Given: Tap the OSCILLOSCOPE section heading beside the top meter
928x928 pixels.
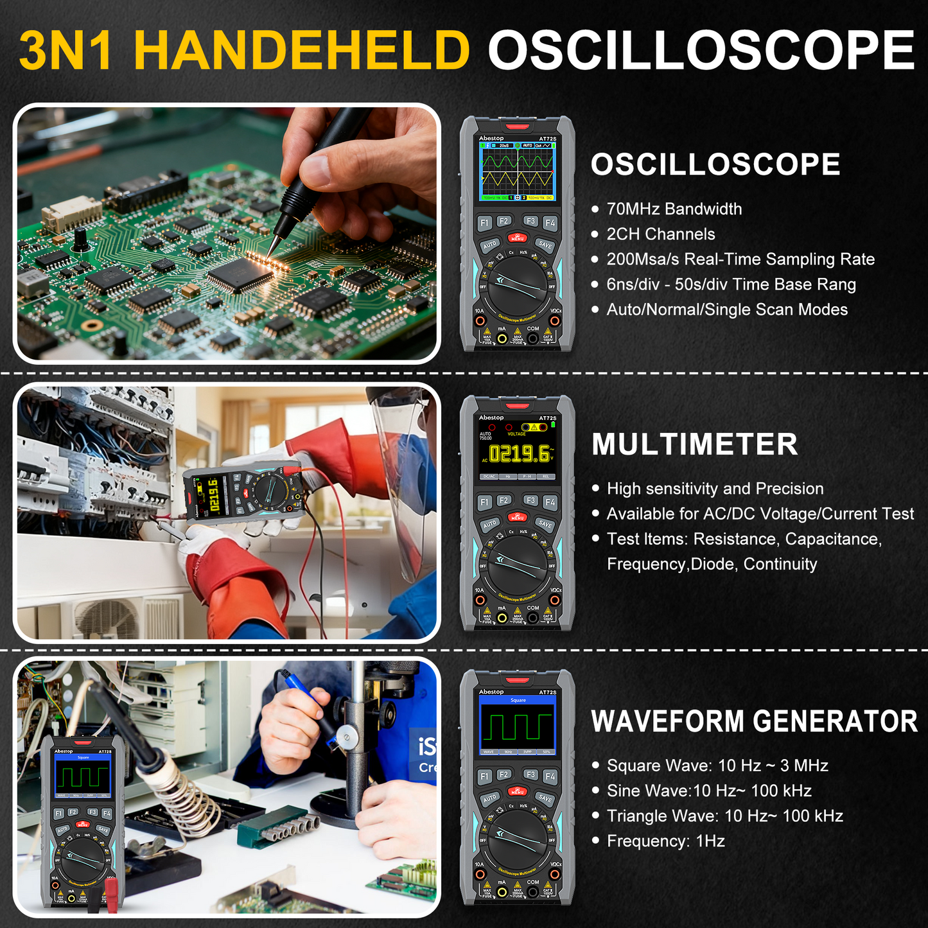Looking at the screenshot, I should (x=715, y=164).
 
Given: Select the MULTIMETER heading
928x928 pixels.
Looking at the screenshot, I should (x=694, y=444).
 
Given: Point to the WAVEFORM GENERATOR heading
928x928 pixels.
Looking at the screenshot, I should (x=754, y=721).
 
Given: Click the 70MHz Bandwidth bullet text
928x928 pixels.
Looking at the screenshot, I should (x=674, y=209).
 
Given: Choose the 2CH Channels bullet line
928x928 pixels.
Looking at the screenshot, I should (x=660, y=234).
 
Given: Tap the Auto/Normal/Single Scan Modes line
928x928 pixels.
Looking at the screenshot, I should (x=726, y=310).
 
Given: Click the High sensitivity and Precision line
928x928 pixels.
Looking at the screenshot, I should (x=715, y=489).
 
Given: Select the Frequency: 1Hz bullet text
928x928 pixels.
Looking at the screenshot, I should (x=665, y=841).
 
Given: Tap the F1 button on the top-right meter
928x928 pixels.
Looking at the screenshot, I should (x=485, y=222).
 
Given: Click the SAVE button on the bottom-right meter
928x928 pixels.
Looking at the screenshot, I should (x=545, y=798).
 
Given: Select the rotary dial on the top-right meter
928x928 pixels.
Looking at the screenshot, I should (x=518, y=286).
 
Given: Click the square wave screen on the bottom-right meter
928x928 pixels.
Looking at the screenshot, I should (x=518, y=726).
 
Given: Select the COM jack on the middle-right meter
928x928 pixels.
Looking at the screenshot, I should (x=532, y=618).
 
